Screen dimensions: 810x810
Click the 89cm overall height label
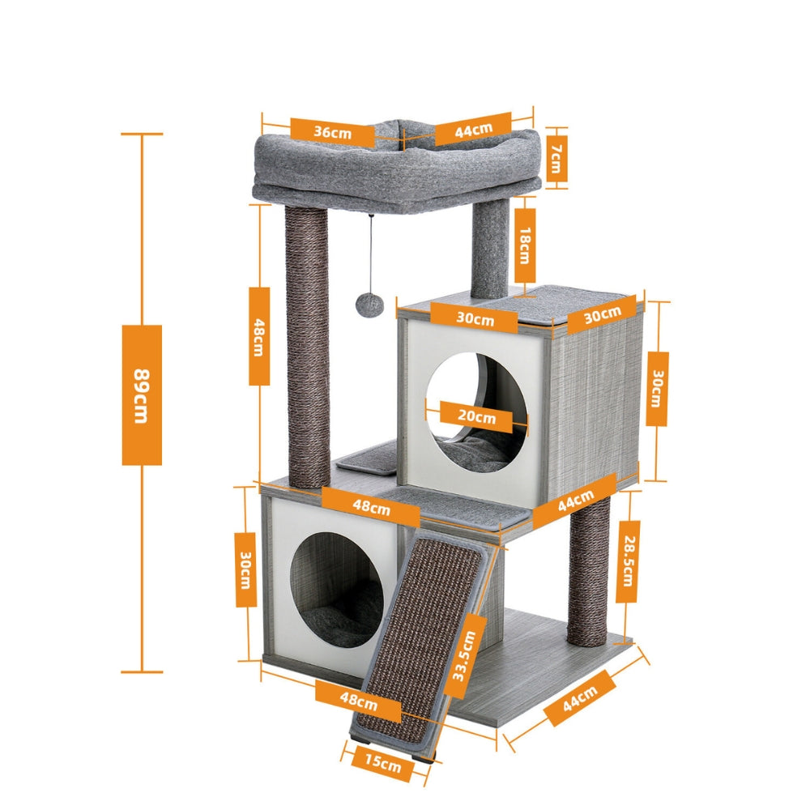click(x=142, y=394)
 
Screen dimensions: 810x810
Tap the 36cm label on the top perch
click(x=332, y=131)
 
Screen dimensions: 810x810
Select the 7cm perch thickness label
click(x=556, y=158)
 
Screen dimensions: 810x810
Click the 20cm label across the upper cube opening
click(x=475, y=418)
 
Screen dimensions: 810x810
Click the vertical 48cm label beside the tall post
click(x=258, y=335)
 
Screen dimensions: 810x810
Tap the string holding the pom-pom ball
click(x=372, y=251)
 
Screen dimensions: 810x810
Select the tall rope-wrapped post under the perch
click(x=309, y=348)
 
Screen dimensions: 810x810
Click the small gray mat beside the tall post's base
click(x=369, y=459)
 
